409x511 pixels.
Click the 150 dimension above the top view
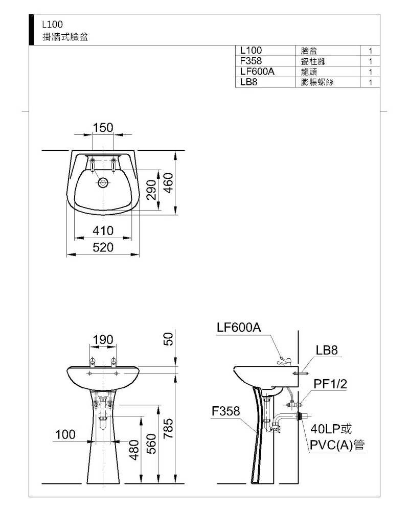point(103,127)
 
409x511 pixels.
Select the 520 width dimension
point(103,247)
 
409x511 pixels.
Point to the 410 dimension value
point(103,231)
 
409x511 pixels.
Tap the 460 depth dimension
point(168,183)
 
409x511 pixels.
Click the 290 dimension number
point(151,190)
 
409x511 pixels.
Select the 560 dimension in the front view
point(151,444)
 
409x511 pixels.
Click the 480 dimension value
point(134,450)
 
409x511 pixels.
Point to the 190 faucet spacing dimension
point(103,340)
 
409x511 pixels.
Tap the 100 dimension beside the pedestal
point(65,434)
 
